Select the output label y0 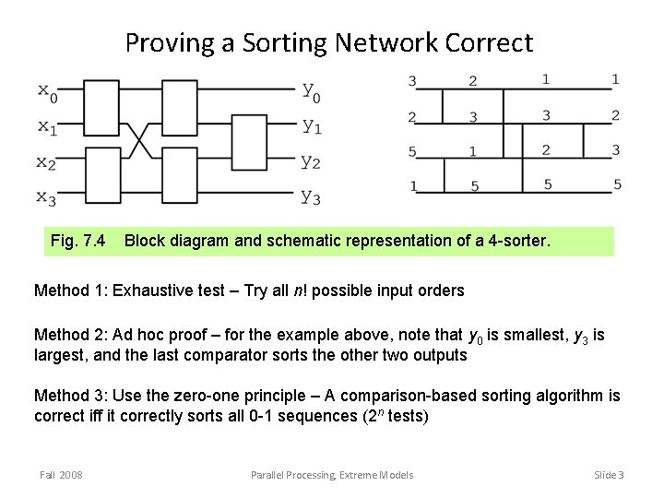pyautogui.click(x=311, y=92)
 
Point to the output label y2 pyautogui.click(x=311, y=162)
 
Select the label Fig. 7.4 pyautogui.click(x=77, y=242)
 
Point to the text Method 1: pyautogui.click(x=70, y=290)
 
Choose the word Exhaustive pyautogui.click(x=155, y=290)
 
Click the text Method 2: pyautogui.click(x=70, y=335)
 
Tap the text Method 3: pyautogui.click(x=70, y=396)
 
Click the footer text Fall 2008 pyautogui.click(x=61, y=475)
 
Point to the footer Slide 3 pyautogui.click(x=609, y=475)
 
